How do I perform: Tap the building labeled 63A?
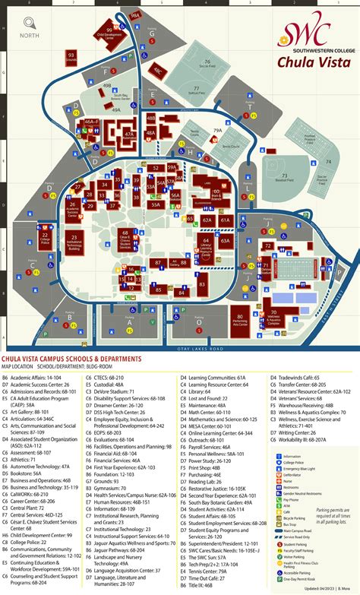click(x=225, y=240)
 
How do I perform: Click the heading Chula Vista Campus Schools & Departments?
click(x=72, y=358)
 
